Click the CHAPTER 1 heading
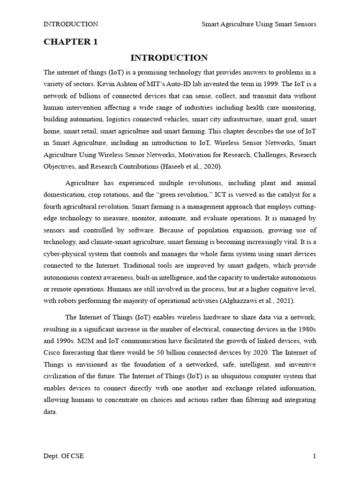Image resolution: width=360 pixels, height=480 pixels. tap(71, 42)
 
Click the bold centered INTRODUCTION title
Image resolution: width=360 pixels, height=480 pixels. tap(169, 58)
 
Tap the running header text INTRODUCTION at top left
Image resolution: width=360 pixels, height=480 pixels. tap(71, 24)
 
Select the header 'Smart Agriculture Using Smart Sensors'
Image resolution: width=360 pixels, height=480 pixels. tap(259, 24)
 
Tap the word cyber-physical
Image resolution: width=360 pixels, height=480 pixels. tap(65, 253)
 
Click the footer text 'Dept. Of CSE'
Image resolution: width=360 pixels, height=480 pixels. tap(64, 456)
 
